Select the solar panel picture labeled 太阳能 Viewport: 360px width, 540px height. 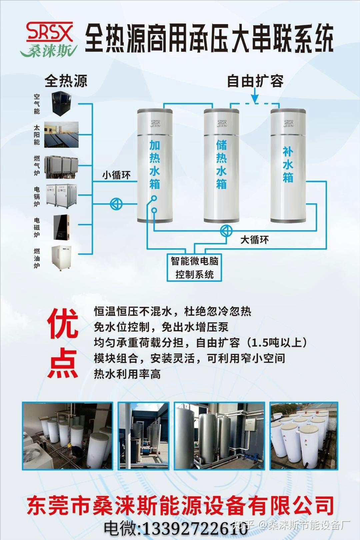tap(61, 134)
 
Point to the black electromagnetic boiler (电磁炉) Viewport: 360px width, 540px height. tap(61, 227)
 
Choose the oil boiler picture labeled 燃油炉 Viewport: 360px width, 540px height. tap(61, 258)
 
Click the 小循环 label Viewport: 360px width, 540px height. tap(116, 175)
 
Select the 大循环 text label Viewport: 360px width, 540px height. tap(254, 240)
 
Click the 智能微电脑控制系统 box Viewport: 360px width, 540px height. tap(194, 268)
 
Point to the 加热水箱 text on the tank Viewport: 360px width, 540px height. tap(155, 165)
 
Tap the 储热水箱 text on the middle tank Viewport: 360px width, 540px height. tap(221, 165)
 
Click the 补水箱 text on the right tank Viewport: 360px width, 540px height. tap(288, 165)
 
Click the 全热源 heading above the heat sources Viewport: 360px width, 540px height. tap(66, 81)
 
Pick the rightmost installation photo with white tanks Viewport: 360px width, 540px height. tap(304, 436)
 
